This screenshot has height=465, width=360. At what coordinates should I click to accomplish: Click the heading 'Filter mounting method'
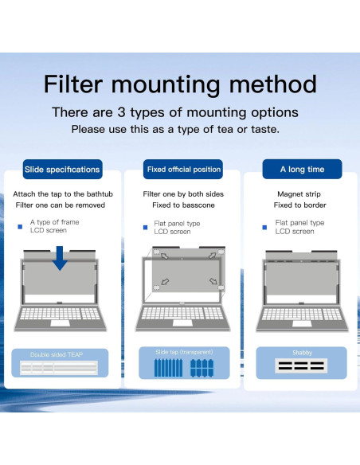[x=180, y=84]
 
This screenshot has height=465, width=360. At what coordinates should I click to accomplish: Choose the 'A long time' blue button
[x=302, y=170]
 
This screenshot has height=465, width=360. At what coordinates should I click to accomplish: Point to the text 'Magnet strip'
[x=300, y=194]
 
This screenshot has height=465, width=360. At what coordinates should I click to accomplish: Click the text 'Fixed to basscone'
[x=183, y=205]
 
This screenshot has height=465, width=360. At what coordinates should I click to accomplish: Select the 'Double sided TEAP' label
[x=57, y=354]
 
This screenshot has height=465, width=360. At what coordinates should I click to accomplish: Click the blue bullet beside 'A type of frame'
[x=20, y=227]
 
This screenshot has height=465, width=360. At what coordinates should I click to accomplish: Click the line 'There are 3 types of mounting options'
[x=175, y=112]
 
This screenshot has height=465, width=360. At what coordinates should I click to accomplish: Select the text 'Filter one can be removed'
[x=61, y=205]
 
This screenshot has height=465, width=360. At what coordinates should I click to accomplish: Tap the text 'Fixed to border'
[x=300, y=205]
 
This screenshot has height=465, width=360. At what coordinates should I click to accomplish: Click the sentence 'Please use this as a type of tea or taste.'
[x=175, y=129]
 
